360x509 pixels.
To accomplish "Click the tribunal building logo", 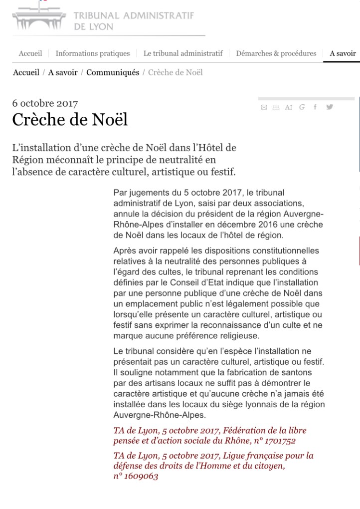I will point(39,18).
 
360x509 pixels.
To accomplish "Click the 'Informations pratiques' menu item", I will point(92,53).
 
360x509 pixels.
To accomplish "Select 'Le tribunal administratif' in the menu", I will point(182,53).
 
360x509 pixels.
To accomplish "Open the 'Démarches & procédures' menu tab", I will point(276,53).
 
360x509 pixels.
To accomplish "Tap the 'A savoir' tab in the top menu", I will point(343,53).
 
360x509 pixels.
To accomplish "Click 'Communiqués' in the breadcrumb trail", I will point(113,72).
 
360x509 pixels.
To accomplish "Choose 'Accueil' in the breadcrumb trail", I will point(26,72).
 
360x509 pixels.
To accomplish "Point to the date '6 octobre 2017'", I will point(45,104).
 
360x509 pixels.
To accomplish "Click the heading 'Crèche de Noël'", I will point(70,120).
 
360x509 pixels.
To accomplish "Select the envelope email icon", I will point(264,106).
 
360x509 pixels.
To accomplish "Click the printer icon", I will point(275,106).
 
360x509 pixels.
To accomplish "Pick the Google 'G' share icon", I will point(302,106).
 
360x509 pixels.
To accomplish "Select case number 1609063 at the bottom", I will point(142,477).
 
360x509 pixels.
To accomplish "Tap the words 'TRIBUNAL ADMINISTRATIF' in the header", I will point(134,15).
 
